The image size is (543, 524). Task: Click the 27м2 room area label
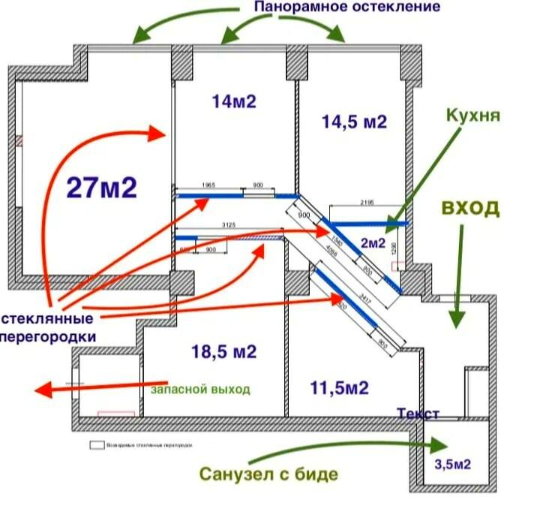102,187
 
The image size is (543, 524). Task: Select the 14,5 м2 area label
354,122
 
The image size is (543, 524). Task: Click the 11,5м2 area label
339,387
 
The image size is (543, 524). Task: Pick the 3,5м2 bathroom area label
452,465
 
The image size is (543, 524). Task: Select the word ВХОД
469,208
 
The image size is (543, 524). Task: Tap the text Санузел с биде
268,474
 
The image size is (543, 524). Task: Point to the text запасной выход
200,390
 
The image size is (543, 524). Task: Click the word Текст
418,414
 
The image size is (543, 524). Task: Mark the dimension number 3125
229,224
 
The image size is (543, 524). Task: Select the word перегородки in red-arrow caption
48,336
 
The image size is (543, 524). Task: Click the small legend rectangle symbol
95,444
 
